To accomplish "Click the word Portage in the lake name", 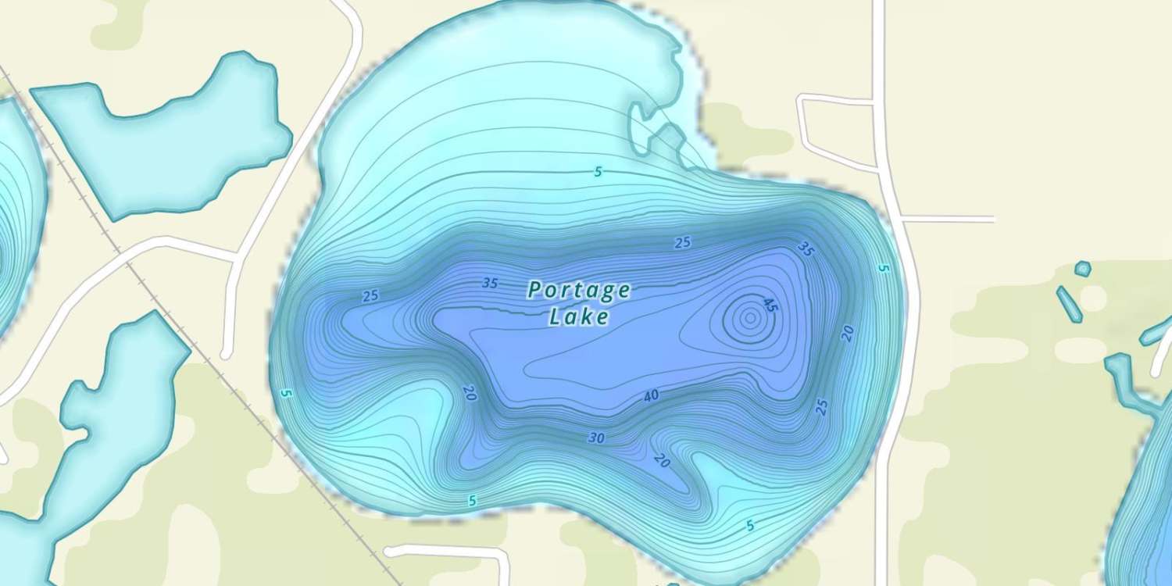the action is (579, 291).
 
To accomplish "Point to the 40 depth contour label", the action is (651, 396).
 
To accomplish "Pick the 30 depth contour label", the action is (596, 438).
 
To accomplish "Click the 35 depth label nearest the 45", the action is (806, 249).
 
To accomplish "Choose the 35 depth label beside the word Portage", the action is (490, 283).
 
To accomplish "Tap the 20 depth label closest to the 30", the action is (663, 460).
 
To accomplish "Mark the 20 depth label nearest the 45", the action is (847, 333).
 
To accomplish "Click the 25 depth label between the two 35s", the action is (682, 243).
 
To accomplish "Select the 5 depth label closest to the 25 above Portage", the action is (598, 172).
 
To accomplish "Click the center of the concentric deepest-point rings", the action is (749, 318).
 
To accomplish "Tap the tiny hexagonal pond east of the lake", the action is (1082, 269).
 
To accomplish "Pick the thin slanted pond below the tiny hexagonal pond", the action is (1070, 304).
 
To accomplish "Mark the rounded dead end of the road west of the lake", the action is (227, 354).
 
